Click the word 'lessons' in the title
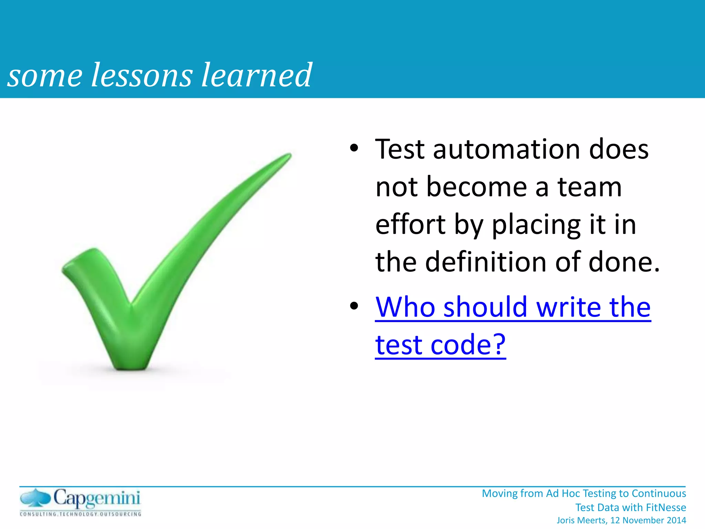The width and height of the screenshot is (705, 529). tap(141, 75)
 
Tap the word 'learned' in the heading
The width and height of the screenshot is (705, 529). tap(256, 75)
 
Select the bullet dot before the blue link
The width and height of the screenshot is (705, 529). tap(354, 306)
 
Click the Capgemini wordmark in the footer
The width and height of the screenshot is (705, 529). tap(97, 499)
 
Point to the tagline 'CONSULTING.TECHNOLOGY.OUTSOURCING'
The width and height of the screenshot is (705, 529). tap(81, 514)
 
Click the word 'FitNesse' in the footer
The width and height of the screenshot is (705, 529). tap(666, 507)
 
